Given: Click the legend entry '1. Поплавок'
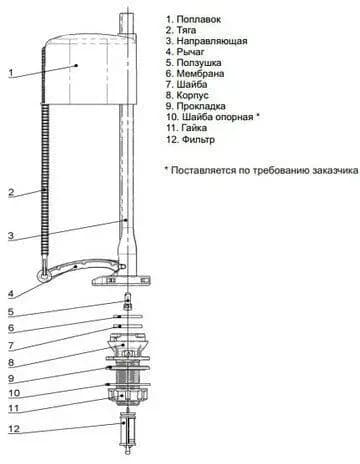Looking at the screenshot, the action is [193, 19].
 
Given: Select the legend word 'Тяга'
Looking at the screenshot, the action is [186, 30].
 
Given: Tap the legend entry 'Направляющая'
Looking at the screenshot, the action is [212, 41].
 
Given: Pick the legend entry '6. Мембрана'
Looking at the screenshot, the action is [195, 74].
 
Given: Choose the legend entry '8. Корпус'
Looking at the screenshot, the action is [187, 95].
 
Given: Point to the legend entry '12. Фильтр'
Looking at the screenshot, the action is [190, 139].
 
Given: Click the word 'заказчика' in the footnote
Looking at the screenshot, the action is [335, 170].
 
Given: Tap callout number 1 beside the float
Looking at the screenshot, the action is [11, 73].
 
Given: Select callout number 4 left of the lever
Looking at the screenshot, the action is [11, 294].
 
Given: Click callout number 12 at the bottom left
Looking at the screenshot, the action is [14, 429].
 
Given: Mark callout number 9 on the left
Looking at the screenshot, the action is [11, 378].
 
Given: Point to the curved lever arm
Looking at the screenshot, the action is [83, 267].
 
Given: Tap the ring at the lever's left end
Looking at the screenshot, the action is [44, 275].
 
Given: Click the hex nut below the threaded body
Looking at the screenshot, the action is [128, 396].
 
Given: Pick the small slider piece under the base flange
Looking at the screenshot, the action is [128, 301].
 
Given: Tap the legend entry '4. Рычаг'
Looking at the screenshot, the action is [185, 52].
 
